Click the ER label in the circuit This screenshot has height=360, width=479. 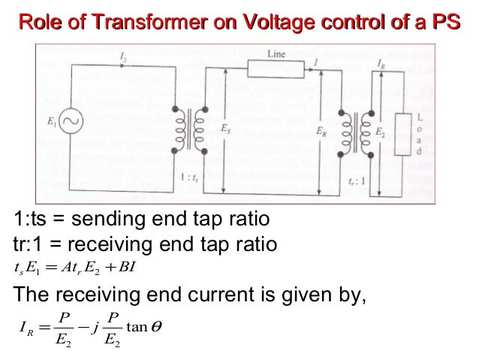tap(321, 129)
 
